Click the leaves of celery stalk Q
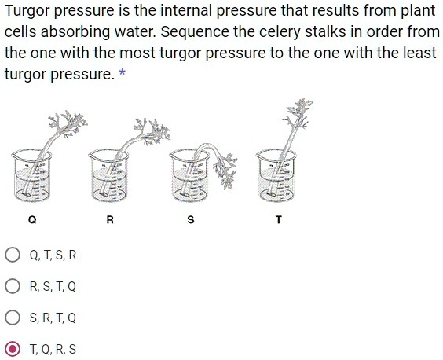coord(68,122)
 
